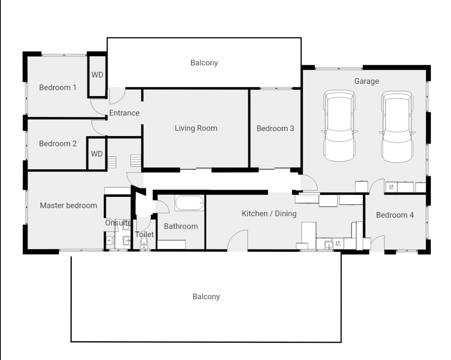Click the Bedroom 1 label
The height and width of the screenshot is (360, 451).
point(58,88)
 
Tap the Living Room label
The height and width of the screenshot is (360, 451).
point(196,128)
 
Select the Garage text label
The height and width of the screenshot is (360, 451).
point(366,81)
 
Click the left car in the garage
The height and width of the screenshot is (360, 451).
point(339,126)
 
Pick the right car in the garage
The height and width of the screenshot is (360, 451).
point(397,127)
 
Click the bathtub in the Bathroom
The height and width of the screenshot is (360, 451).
point(189,203)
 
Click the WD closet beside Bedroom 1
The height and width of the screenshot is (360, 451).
point(97,75)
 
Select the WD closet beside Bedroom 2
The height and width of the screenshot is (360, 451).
point(97,154)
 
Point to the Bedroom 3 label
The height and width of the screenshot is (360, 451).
point(275,128)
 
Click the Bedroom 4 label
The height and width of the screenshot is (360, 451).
point(395,215)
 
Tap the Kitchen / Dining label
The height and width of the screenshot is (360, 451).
point(269,214)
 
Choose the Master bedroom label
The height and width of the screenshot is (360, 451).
point(69,205)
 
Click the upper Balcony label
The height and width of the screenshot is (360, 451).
point(204,63)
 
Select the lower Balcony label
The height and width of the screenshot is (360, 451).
point(206,296)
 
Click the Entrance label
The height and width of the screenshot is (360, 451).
point(124,113)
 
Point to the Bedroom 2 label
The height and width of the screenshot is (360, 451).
point(58,143)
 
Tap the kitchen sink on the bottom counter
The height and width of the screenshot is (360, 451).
point(329,245)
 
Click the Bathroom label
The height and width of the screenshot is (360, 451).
point(181,226)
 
